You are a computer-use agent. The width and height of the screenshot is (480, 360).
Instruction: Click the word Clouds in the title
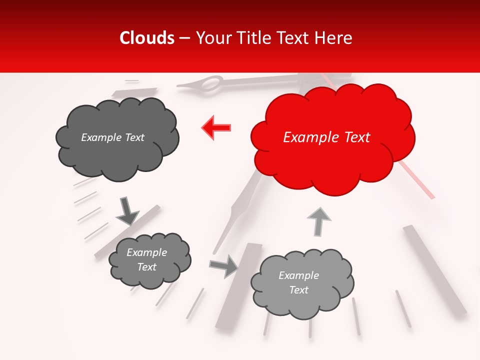click(x=147, y=38)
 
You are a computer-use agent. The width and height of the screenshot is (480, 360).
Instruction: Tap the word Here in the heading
click(x=332, y=38)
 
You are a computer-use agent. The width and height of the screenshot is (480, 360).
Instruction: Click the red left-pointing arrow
click(x=216, y=128)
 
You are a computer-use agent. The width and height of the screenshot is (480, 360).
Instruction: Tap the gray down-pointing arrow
click(x=127, y=211)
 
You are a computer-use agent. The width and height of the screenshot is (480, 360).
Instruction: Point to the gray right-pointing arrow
click(x=224, y=266)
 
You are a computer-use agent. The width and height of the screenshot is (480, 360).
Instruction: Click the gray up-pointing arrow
click(x=318, y=221)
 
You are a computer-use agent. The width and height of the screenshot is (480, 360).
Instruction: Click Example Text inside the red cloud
click(x=326, y=137)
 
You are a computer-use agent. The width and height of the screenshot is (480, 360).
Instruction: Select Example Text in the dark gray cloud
click(x=112, y=137)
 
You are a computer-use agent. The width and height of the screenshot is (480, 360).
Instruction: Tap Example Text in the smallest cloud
click(x=146, y=259)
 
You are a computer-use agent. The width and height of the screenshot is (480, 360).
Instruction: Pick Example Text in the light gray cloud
click(x=298, y=282)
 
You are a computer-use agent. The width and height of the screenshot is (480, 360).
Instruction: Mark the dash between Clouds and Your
click(x=184, y=38)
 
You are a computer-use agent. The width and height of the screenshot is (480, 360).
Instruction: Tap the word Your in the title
click(x=211, y=38)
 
